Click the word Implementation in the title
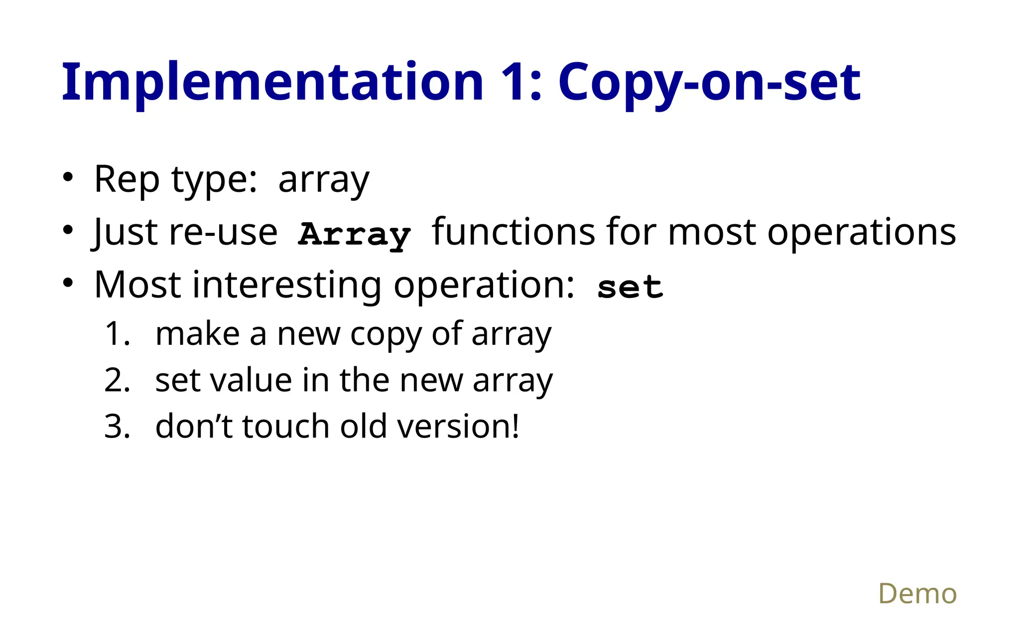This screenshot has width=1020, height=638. [x=272, y=82]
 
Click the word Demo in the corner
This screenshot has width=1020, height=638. [x=917, y=594]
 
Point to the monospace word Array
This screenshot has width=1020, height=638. [x=354, y=234]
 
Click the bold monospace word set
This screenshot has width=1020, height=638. [x=630, y=288]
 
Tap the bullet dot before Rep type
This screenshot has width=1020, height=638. [x=68, y=177]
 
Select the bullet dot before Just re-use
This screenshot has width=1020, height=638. [x=68, y=230]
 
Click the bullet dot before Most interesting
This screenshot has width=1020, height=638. [x=68, y=283]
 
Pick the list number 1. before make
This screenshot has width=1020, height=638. [x=118, y=333]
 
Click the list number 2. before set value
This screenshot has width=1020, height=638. [x=118, y=380]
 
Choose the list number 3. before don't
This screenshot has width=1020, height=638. [x=118, y=427]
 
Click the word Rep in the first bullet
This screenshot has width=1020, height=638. [x=127, y=179]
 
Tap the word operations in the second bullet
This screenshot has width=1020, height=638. [x=862, y=232]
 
